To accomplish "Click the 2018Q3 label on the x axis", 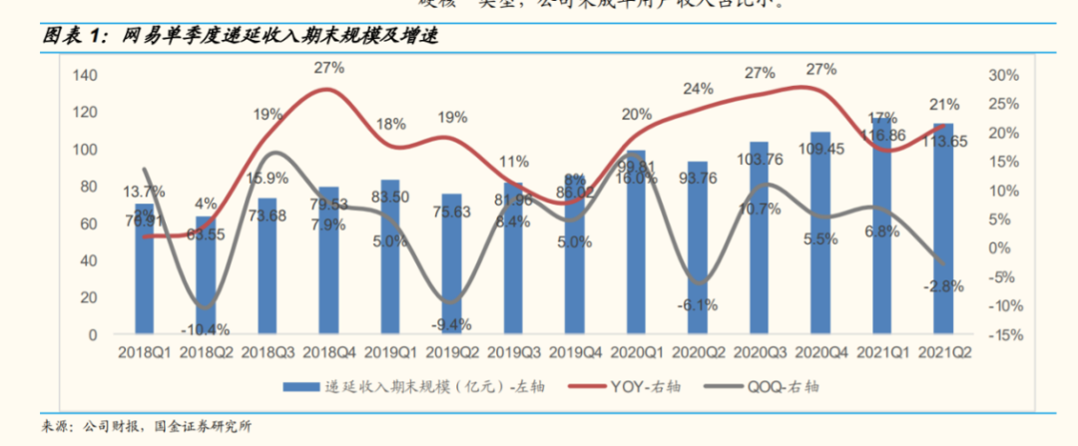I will pyautogui.click(x=267, y=352).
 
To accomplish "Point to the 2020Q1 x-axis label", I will pyautogui.click(x=635, y=352).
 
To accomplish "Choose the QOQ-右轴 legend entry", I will pyautogui.click(x=786, y=386).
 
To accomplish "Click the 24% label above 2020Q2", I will pyautogui.click(x=697, y=89).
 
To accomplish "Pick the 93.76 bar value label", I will pyautogui.click(x=697, y=180).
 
